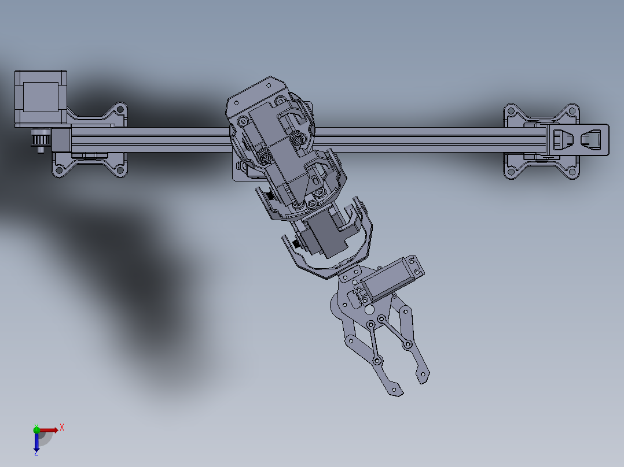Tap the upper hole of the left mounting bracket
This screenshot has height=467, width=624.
coord(120,109)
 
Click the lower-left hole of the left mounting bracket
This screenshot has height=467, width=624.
coord(58,171)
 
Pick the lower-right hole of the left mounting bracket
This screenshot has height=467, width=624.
coord(120,171)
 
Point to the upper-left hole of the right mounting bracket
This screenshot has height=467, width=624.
coord(511,109)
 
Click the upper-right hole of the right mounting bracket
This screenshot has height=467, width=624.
coord(572,109)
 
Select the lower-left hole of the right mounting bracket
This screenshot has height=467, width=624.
coord(511,172)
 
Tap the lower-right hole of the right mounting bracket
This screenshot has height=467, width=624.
coord(572,172)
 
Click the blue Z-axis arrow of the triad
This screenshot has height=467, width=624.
coord(36,442)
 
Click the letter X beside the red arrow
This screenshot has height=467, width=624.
coord(61,427)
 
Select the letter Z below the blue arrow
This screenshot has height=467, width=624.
coord(36,454)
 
